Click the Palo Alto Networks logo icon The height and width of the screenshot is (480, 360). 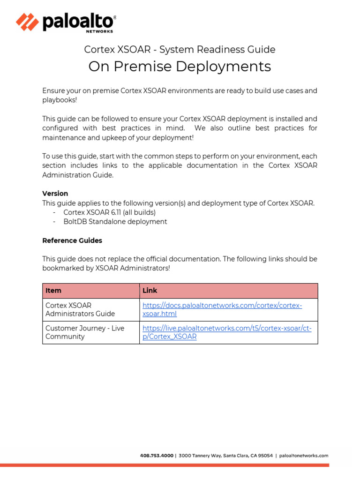(27, 22)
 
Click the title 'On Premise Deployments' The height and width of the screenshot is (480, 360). (180, 67)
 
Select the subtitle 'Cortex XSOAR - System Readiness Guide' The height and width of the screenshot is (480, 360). (180, 50)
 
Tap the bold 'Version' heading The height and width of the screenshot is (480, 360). (55, 194)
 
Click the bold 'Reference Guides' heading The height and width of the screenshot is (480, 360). (72, 240)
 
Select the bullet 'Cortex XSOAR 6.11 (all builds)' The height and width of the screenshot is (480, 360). (109, 212)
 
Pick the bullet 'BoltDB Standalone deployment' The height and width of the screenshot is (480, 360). (115, 222)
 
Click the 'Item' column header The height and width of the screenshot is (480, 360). (53, 291)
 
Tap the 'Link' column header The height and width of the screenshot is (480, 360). (150, 291)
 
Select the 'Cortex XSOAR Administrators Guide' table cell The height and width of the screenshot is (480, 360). (80, 310)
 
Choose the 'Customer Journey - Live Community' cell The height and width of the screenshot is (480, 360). (84, 332)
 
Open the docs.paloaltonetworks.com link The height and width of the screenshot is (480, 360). (222, 310)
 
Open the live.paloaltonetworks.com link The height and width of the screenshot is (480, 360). (226, 332)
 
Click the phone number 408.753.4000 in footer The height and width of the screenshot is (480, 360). (157, 455)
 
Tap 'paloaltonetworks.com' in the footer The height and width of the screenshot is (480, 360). (304, 455)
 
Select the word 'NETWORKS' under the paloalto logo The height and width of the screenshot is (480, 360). (99, 32)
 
